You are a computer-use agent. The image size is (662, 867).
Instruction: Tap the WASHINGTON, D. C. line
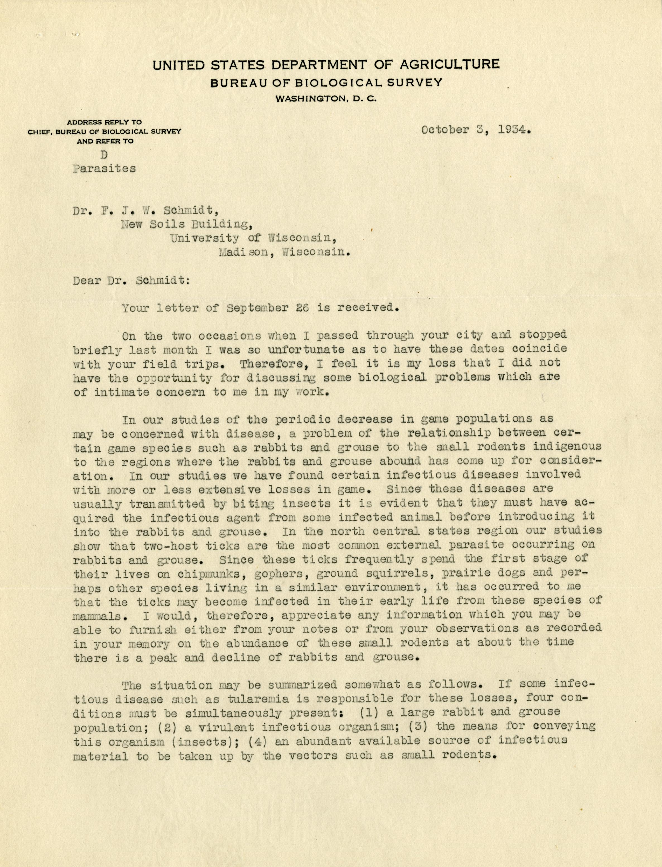click(327, 99)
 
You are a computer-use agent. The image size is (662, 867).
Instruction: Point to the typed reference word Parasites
click(104, 169)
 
